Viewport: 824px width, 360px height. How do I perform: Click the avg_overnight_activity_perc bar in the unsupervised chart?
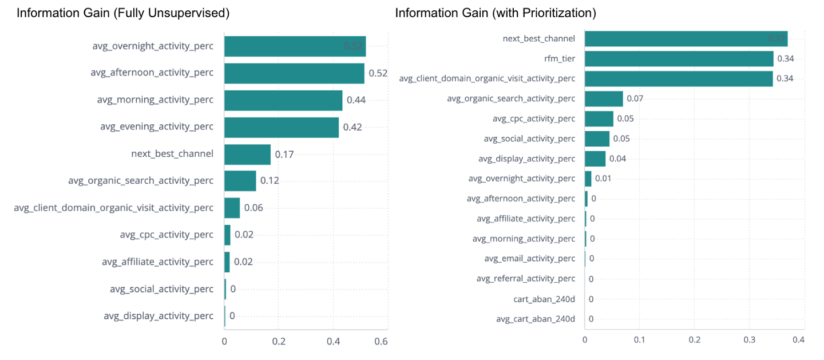click(295, 46)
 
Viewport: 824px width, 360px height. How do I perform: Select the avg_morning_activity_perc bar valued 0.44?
click(283, 100)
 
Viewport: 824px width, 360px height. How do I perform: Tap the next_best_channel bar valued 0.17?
click(247, 154)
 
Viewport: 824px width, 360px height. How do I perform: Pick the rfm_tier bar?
click(679, 58)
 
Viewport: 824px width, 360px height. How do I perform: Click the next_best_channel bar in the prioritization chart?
click(686, 39)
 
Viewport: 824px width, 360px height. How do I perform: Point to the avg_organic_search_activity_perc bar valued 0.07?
click(604, 98)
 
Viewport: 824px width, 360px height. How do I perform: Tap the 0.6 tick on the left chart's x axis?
click(381, 341)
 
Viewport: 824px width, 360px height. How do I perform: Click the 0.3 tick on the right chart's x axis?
click(750, 339)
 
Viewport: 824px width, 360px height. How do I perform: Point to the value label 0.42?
click(352, 127)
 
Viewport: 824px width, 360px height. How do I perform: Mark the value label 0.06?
click(253, 207)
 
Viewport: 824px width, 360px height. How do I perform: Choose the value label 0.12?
click(270, 180)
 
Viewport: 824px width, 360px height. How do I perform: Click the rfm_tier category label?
click(560, 58)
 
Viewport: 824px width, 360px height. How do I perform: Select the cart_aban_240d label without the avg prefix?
click(544, 299)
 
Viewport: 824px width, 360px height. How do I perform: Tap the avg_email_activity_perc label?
click(529, 259)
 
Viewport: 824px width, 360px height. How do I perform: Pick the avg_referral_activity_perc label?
click(525, 279)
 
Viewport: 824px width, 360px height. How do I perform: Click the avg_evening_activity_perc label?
click(156, 127)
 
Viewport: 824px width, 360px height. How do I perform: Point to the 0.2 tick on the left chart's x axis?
click(278, 341)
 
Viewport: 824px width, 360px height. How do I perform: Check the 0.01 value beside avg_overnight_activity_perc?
click(603, 179)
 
